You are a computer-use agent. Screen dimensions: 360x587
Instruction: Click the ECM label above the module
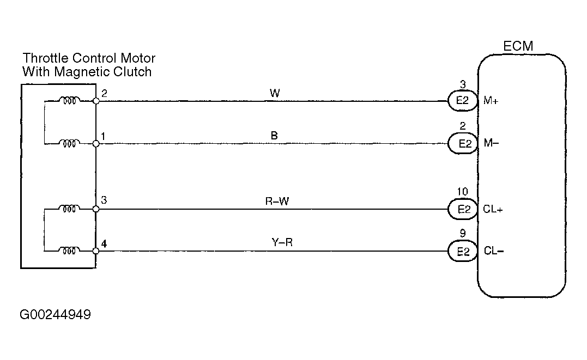518,46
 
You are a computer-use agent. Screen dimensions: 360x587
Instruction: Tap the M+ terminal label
491,101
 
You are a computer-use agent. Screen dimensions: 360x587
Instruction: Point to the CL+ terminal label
493,209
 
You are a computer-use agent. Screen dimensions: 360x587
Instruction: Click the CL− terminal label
493,251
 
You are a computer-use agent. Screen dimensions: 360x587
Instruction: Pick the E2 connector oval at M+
463,101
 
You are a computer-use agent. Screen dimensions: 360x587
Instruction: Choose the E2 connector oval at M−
463,144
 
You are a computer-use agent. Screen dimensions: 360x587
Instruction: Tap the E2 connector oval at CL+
463,209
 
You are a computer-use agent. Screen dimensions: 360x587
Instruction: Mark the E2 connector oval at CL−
463,251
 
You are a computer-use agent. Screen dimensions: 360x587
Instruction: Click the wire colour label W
275,93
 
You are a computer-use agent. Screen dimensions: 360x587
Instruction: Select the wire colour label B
274,136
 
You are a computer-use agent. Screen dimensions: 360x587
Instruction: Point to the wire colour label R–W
276,201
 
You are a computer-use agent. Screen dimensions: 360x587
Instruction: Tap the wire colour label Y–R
282,243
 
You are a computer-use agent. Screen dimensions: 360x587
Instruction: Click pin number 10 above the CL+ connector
463,192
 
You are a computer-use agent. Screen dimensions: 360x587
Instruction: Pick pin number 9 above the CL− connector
463,235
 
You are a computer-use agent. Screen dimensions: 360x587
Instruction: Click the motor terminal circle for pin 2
96,101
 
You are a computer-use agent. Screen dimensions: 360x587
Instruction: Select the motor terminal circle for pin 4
96,251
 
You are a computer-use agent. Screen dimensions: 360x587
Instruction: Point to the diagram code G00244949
55,315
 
